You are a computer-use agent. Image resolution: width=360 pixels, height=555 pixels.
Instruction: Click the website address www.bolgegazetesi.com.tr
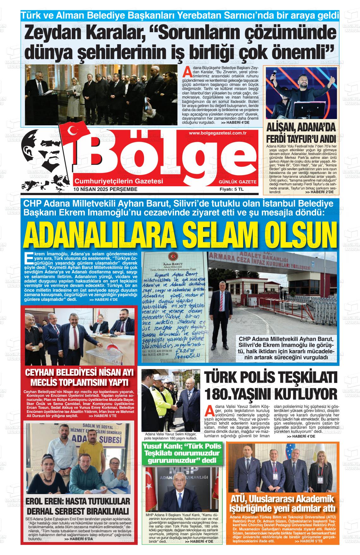(218, 133)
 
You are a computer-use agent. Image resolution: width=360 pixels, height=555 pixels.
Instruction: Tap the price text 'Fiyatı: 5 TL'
(232, 189)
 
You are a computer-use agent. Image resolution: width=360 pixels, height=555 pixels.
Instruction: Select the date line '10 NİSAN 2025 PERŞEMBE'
(105, 189)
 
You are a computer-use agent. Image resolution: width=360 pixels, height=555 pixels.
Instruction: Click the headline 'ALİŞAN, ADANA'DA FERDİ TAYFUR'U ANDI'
(301, 133)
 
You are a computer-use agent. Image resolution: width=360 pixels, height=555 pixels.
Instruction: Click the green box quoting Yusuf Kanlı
(182, 454)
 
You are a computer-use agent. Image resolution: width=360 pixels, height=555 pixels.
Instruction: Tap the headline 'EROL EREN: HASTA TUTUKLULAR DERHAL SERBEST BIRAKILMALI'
(78, 506)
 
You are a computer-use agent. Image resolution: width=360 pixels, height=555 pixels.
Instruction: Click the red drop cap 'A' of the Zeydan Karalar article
(187, 72)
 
